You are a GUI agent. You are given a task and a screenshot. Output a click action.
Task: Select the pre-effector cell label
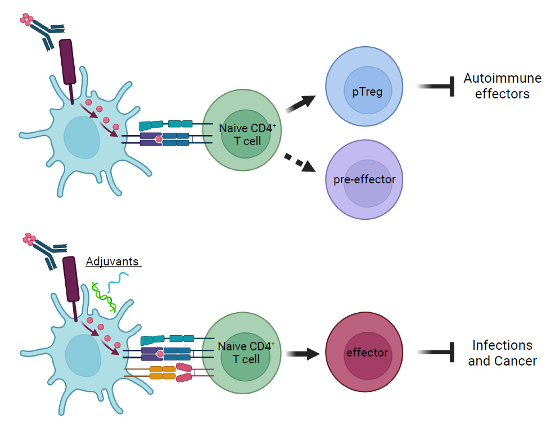coord(364,180)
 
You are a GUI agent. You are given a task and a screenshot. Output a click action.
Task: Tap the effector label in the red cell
coord(367,353)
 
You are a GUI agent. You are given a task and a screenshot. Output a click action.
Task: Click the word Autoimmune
coord(502,78)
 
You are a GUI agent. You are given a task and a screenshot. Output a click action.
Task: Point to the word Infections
coord(502,345)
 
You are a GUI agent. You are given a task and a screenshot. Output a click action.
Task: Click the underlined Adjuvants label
coord(113,261)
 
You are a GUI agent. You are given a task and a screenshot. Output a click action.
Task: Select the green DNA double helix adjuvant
coord(104,296)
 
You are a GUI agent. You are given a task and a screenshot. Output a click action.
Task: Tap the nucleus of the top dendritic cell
coord(82,138)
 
